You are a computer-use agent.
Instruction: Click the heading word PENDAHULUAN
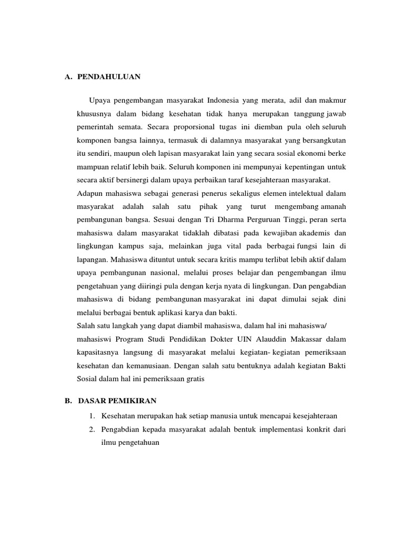(x=109, y=76)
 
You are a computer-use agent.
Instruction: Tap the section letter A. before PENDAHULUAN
(x=68, y=76)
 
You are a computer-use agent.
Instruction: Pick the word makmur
(x=332, y=100)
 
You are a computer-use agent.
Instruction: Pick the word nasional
(x=164, y=273)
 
